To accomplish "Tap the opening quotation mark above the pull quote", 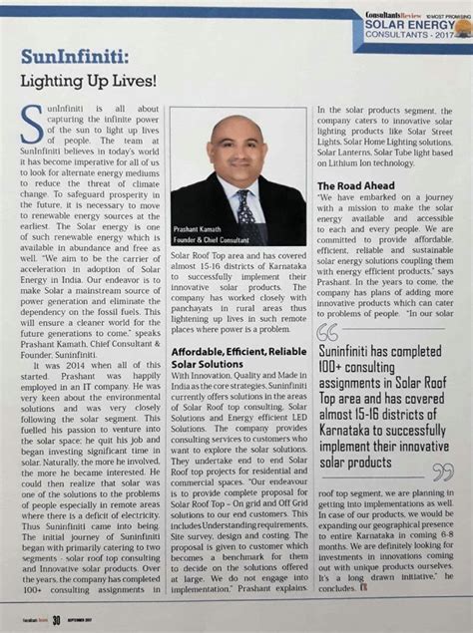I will point(326,332).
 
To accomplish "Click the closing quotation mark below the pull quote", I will point(442,472).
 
